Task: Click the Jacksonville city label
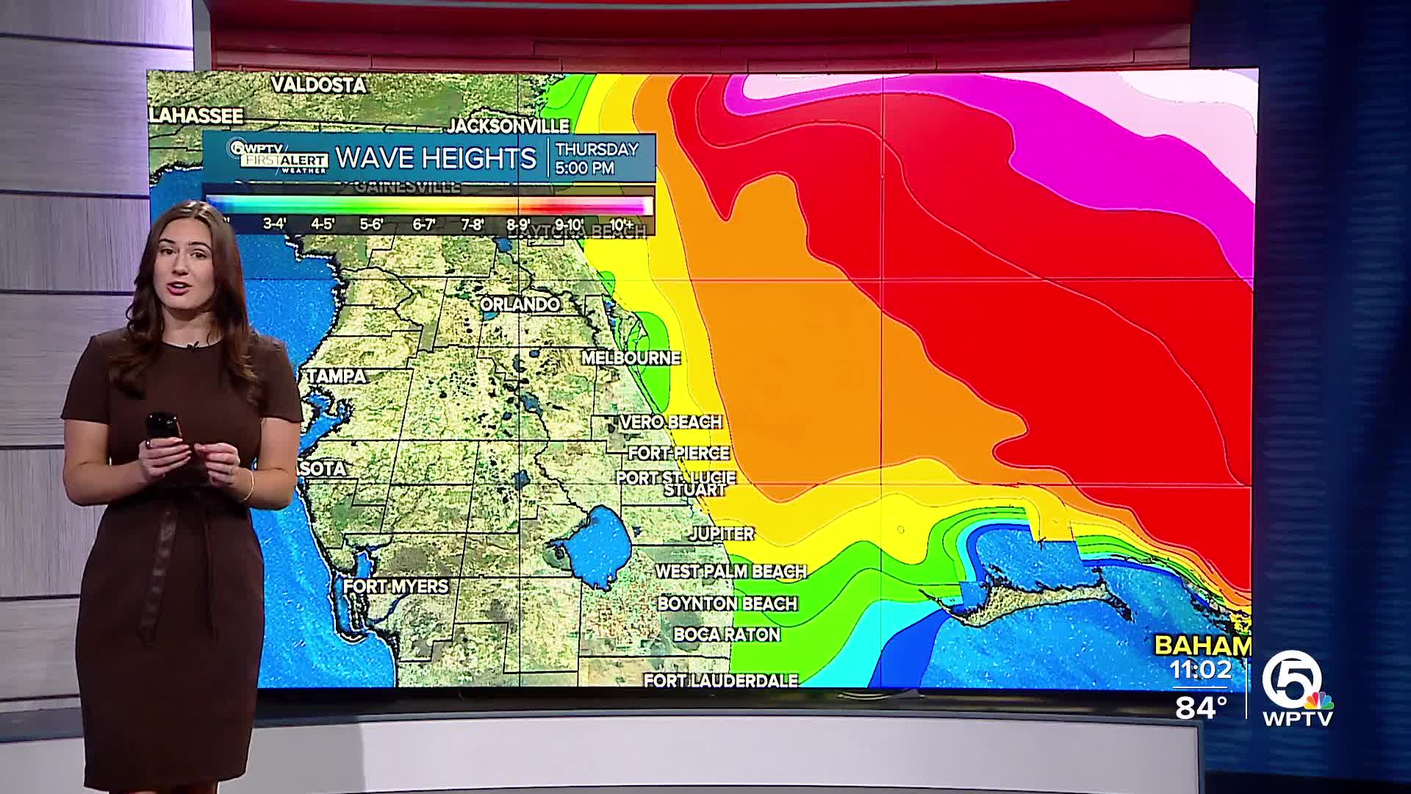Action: click(x=509, y=126)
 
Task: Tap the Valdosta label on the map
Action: click(x=318, y=85)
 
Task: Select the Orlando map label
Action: click(x=520, y=304)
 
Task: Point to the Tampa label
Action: click(x=337, y=376)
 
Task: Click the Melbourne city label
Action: click(x=631, y=358)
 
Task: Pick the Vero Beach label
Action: click(x=670, y=422)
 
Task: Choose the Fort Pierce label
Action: click(x=678, y=453)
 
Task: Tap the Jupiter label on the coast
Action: click(x=722, y=534)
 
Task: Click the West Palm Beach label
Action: click(x=730, y=571)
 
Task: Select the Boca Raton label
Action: click(x=727, y=634)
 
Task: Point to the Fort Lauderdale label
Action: click(x=721, y=681)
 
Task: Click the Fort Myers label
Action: click(x=395, y=587)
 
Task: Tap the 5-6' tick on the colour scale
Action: click(x=371, y=224)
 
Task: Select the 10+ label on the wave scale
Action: click(x=621, y=224)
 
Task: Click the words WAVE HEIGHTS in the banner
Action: click(x=436, y=158)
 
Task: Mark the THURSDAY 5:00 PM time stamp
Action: click(x=597, y=158)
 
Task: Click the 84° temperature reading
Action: click(x=1202, y=707)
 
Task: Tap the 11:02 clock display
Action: click(x=1201, y=670)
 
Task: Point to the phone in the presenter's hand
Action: click(x=163, y=429)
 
